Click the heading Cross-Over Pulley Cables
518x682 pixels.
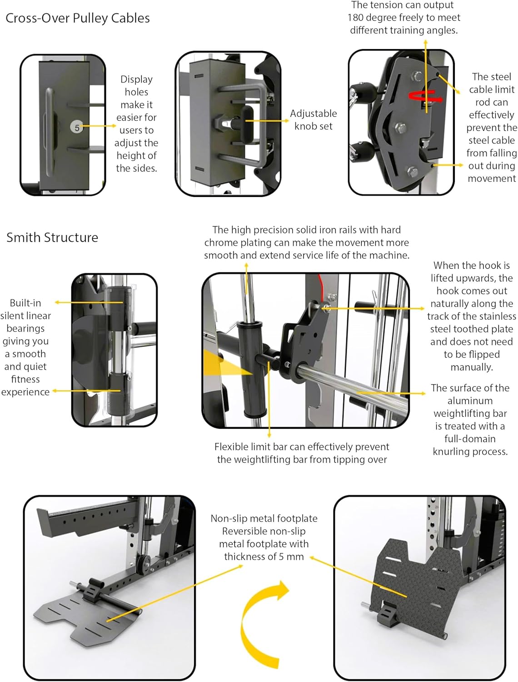(x=78, y=18)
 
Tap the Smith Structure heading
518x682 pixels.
(x=52, y=237)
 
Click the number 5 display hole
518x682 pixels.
(x=77, y=128)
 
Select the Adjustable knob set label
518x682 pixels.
(x=314, y=120)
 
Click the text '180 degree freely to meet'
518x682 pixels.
(x=404, y=18)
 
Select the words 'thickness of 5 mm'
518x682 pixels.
(x=264, y=557)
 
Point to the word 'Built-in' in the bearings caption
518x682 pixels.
(x=25, y=303)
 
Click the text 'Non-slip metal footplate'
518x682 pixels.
(x=264, y=518)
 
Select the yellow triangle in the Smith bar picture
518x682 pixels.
(x=223, y=364)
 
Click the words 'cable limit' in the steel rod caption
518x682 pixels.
(x=492, y=90)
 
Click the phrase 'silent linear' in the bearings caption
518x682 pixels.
(x=25, y=316)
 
